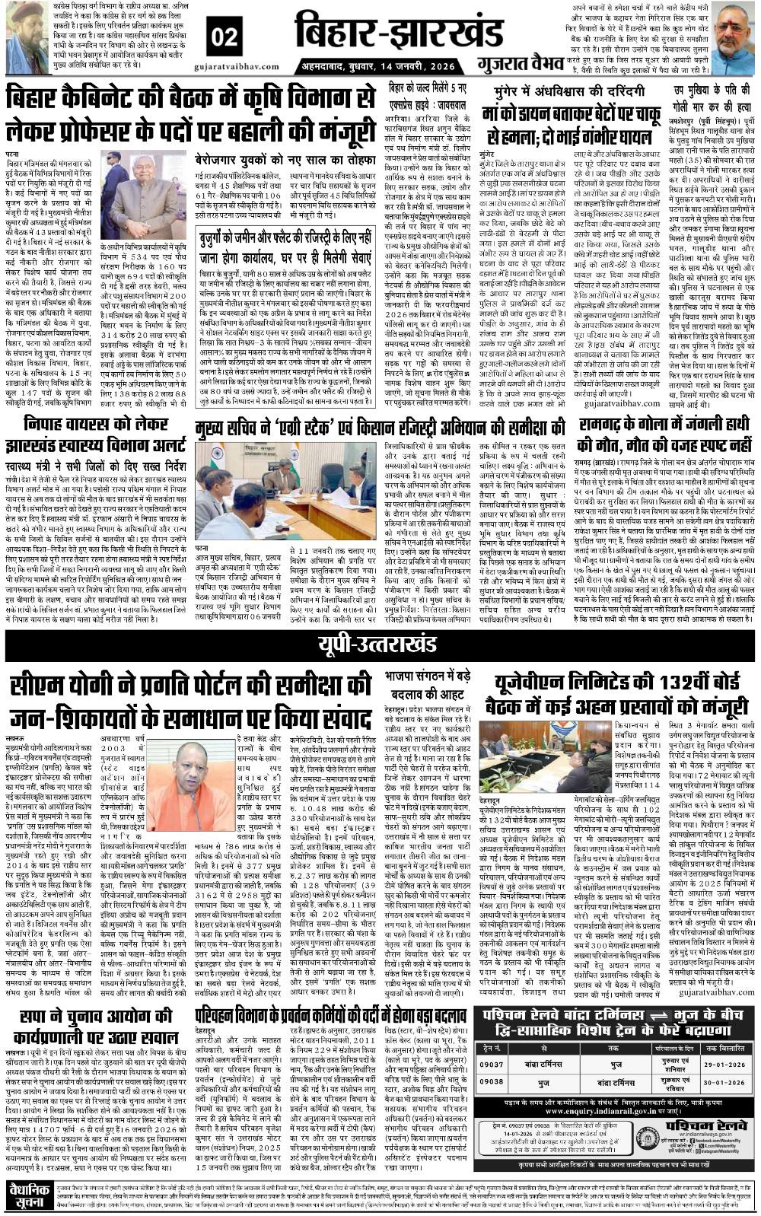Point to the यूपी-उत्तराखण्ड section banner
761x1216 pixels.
[x=380, y=645]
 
